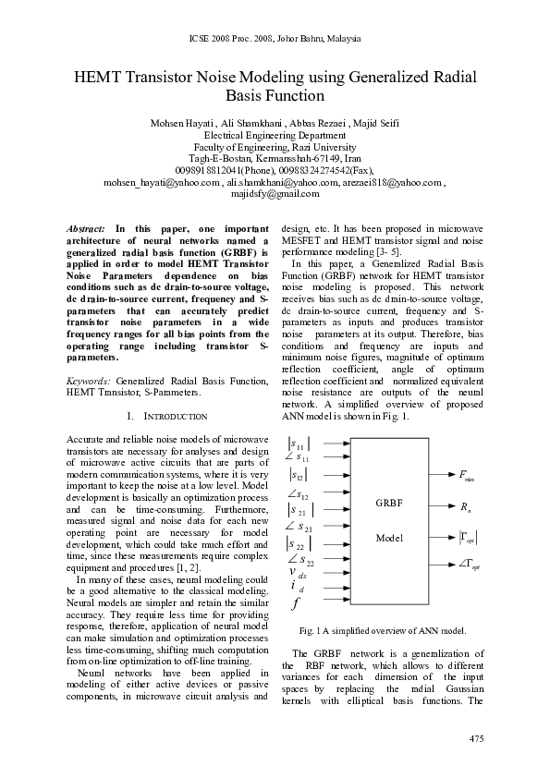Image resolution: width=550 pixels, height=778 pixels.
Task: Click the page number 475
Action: click(475, 738)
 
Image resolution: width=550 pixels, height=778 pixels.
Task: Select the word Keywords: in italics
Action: click(90, 381)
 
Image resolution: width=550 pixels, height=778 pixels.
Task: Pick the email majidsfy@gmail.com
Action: click(275, 194)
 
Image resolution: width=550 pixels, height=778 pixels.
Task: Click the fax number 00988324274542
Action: click(320, 170)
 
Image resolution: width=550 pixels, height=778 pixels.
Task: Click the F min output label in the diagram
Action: click(467, 476)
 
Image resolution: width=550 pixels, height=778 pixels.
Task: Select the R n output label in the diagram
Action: click(465, 506)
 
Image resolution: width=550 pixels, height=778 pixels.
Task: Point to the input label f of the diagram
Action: click(295, 605)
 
